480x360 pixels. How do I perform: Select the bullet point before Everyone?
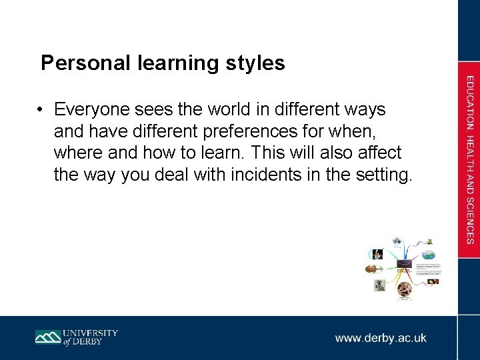41,109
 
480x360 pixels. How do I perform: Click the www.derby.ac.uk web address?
381,338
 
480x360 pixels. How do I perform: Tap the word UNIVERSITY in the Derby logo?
91,332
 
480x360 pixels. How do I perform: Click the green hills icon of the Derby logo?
48,337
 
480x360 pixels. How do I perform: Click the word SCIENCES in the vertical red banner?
469,220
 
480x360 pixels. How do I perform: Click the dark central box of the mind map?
404,264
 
